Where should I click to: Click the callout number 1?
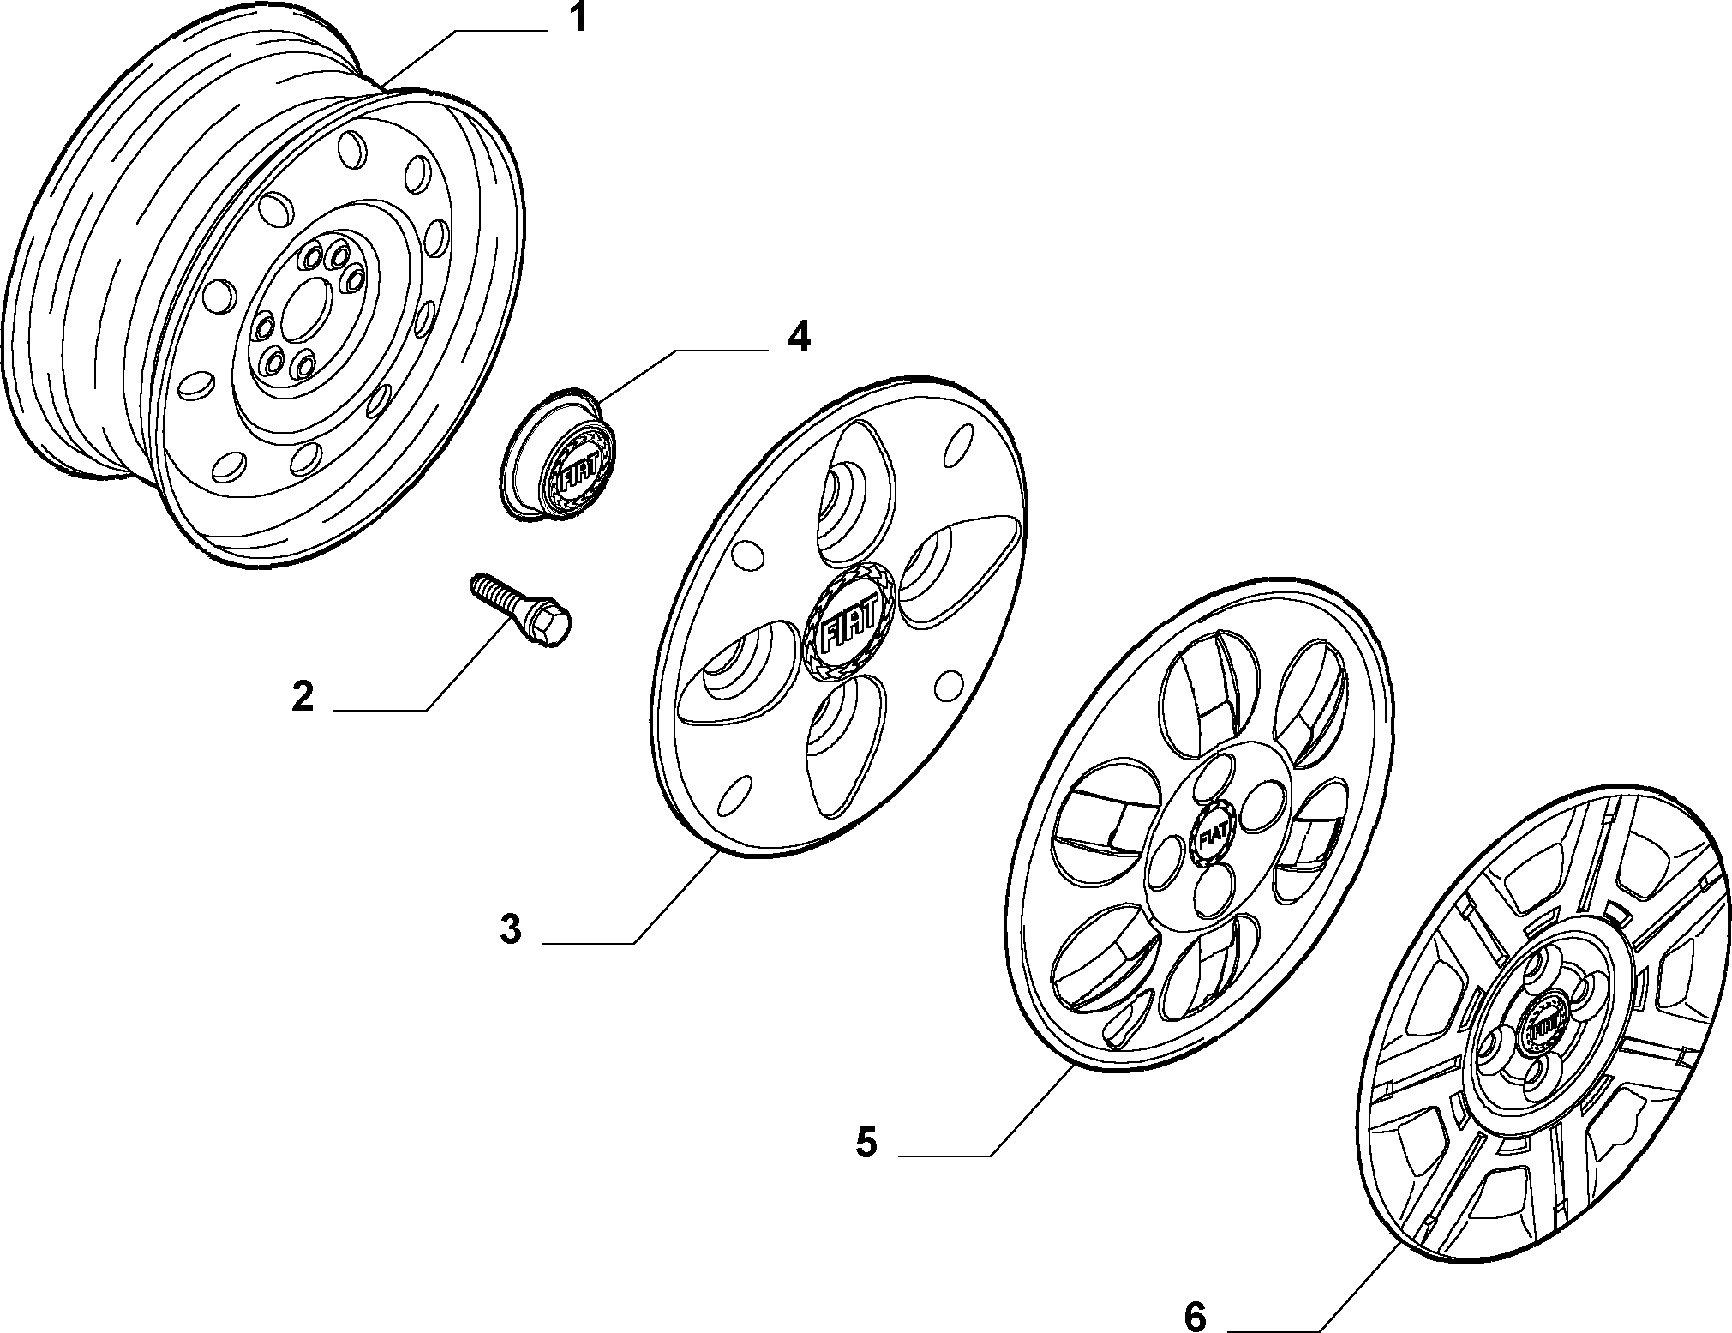click(x=580, y=18)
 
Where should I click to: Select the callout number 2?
click(x=303, y=696)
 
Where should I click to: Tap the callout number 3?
click(x=511, y=929)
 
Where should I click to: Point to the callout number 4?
click(x=798, y=337)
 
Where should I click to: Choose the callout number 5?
click(x=866, y=1142)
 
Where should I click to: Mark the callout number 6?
click(x=1196, y=1316)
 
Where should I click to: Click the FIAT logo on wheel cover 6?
click(x=1545, y=1029)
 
